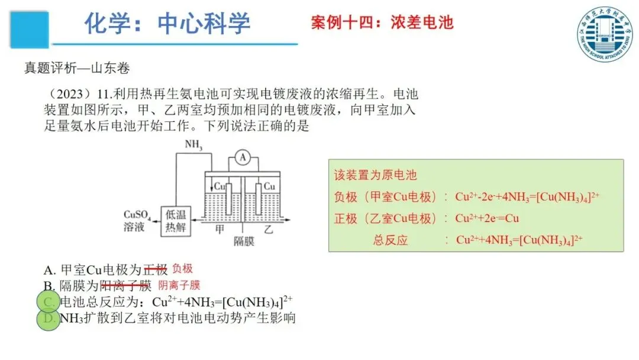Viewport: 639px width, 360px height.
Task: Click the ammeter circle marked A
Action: pyautogui.click(x=241, y=157)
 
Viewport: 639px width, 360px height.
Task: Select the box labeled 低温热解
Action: pyautogui.click(x=176, y=221)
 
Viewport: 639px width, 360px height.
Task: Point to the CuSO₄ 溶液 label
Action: pyautogui.click(x=137, y=220)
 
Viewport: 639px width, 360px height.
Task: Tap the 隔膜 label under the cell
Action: pyautogui.click(x=244, y=242)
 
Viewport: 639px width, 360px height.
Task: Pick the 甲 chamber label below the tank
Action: pyautogui.click(x=220, y=229)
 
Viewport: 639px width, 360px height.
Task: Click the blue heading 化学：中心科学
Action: pyautogui.click(x=167, y=24)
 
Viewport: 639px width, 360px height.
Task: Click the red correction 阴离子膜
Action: pyautogui.click(x=179, y=285)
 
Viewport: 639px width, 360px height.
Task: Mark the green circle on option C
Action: pyautogui.click(x=49, y=302)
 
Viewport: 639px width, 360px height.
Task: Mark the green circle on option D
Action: pyautogui.click(x=49, y=319)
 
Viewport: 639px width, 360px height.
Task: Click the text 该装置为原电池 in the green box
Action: pyautogui.click(x=375, y=175)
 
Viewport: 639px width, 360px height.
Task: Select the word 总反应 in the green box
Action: pyautogui.click(x=390, y=240)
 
